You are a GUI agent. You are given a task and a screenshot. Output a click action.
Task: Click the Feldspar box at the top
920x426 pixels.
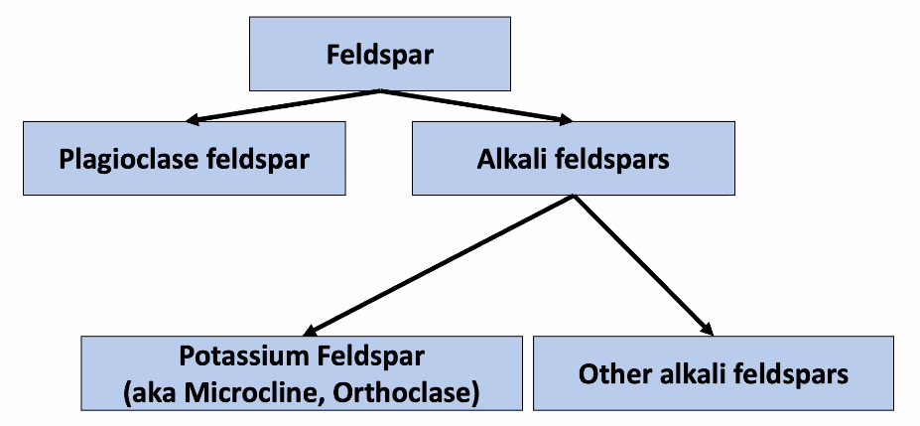click(379, 54)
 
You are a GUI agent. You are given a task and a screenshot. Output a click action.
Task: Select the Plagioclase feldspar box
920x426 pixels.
click(185, 158)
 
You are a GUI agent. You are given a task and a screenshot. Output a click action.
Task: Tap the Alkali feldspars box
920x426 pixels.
click(573, 158)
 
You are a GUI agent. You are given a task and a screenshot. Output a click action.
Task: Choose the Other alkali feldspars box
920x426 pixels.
click(713, 373)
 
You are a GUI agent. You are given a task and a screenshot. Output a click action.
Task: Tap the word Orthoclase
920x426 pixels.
click(408, 391)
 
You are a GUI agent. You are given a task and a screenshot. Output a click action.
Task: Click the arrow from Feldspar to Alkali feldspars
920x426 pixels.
click(476, 107)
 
